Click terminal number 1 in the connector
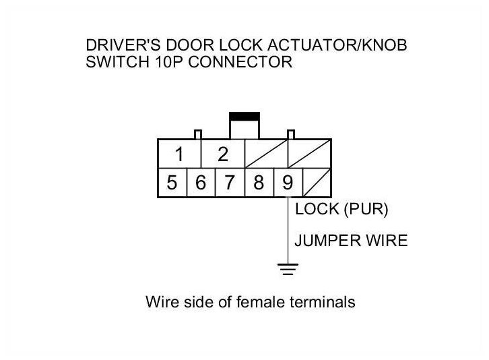(x=179, y=154)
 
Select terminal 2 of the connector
(x=223, y=154)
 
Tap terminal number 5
(x=172, y=183)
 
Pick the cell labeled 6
(x=201, y=183)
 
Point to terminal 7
(x=230, y=183)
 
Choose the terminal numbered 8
(x=259, y=183)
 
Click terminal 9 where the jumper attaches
(x=288, y=183)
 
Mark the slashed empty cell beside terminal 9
(x=317, y=183)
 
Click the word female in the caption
(x=263, y=302)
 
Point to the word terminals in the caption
(x=323, y=302)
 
